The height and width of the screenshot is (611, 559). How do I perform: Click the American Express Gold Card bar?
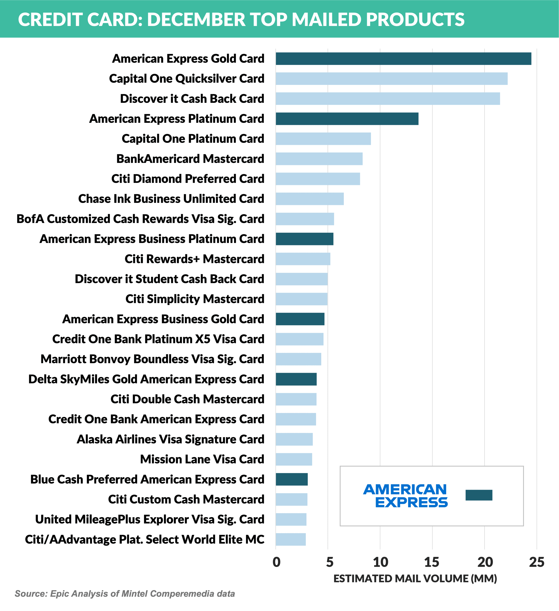pos(403,59)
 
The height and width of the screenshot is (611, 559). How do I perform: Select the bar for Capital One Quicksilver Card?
pos(391,79)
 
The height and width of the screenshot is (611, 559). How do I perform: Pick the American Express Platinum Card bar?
pos(347,119)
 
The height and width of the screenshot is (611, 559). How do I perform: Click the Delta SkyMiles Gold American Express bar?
pos(296,379)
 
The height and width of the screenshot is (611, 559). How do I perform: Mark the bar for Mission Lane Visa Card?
pos(294,459)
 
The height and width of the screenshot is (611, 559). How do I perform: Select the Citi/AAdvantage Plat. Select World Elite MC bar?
pos(290,539)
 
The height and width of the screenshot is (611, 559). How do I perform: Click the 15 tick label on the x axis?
pos(432,562)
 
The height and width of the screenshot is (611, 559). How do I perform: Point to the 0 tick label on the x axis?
pos(276,562)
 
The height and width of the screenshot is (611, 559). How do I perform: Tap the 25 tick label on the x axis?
pos(537,562)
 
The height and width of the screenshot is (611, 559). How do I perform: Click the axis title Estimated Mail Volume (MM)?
pos(415,579)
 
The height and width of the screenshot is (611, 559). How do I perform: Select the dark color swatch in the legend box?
pos(479,495)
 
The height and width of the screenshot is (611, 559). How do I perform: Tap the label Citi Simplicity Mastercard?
pos(195,299)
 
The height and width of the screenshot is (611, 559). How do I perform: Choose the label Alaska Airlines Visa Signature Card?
pos(170,439)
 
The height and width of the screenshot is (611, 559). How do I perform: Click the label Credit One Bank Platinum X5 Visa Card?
pos(158,339)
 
